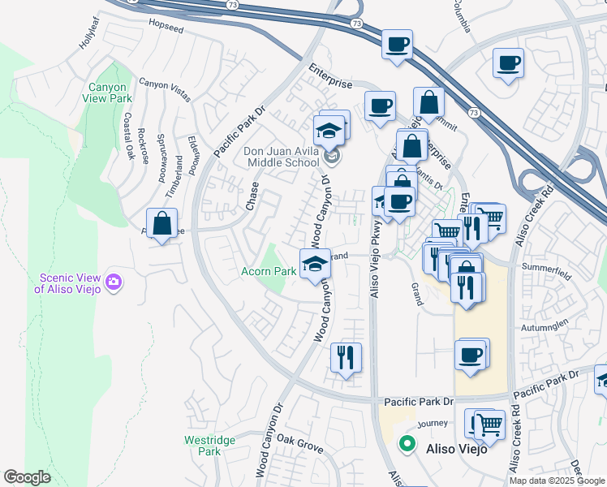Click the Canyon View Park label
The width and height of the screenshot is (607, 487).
pyautogui.click(x=105, y=93)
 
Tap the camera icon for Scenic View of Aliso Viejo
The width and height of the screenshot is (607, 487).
pyautogui.click(x=114, y=282)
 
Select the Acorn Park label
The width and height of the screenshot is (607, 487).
pyautogui.click(x=268, y=272)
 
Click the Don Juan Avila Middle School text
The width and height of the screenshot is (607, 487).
pyautogui.click(x=282, y=157)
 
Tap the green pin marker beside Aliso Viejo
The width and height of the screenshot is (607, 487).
pyautogui.click(x=407, y=446)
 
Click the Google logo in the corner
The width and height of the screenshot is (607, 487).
pyautogui.click(x=27, y=477)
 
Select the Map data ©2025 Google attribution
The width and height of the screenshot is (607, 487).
pyautogui.click(x=557, y=481)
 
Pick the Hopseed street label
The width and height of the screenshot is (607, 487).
pyautogui.click(x=167, y=25)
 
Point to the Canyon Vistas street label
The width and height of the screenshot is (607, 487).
pyautogui.click(x=165, y=89)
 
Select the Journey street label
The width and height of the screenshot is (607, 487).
pyautogui.click(x=432, y=423)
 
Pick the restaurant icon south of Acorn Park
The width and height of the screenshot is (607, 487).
pyautogui.click(x=347, y=357)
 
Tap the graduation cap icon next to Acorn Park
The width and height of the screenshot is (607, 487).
pyautogui.click(x=315, y=263)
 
